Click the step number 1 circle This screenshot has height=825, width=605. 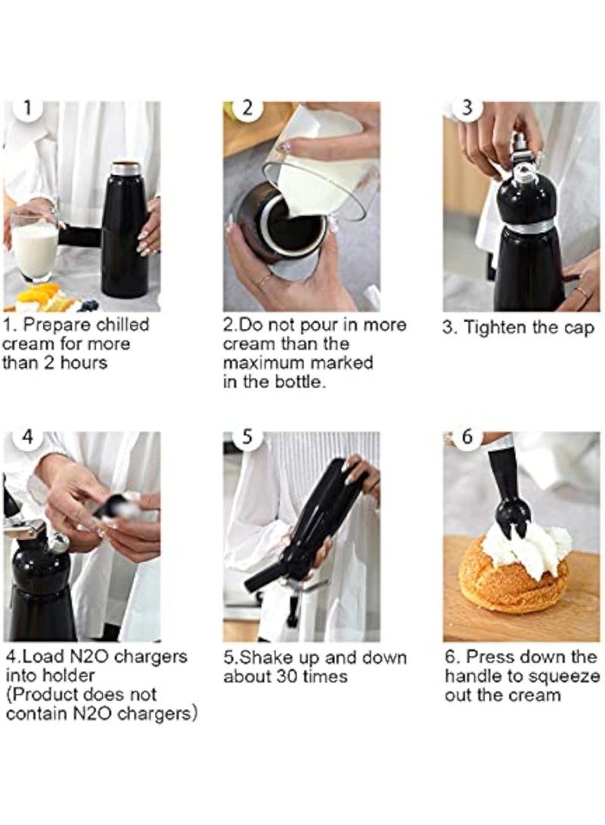27,108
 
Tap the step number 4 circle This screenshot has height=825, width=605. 27,437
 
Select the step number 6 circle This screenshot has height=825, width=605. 467,437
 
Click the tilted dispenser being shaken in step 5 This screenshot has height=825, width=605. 302,529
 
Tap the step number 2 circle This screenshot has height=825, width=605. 247,108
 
